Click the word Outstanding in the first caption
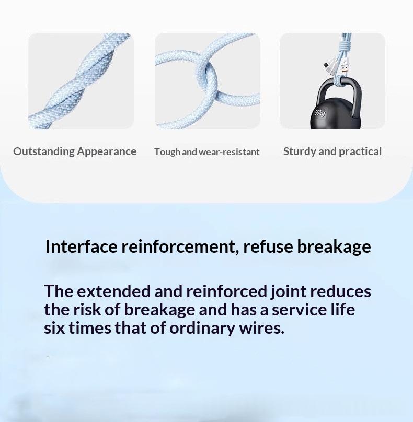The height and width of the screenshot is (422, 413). click(43, 151)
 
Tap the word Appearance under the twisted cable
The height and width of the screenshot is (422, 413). click(107, 152)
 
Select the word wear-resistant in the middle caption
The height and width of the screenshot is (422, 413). click(229, 152)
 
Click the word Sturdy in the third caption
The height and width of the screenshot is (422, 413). click(300, 152)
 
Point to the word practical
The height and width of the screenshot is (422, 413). click(360, 152)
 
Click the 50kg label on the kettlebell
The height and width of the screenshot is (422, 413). click(320, 113)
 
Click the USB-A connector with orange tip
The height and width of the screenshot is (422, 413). click(345, 67)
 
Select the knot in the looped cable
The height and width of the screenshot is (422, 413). click(209, 78)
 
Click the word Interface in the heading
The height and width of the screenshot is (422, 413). click(82, 247)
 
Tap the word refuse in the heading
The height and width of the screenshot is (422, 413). click(268, 247)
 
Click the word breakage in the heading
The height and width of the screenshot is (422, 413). click(334, 247)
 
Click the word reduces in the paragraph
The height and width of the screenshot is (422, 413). click(341, 291)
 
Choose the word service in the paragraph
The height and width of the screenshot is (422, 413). click(299, 310)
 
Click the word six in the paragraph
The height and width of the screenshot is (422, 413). click(54, 328)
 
